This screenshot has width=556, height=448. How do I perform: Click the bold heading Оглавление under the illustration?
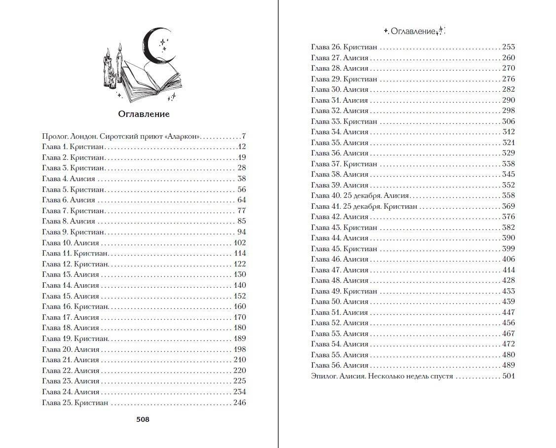(144, 114)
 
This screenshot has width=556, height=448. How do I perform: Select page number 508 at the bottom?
(143, 419)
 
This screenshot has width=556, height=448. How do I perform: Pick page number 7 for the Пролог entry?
(244, 136)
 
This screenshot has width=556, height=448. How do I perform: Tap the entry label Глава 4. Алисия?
(69, 179)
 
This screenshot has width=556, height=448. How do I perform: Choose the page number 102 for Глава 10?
(239, 243)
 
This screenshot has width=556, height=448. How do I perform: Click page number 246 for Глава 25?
(239, 403)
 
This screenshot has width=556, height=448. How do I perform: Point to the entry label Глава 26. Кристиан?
(344, 47)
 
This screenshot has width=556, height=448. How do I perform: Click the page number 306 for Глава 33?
(508, 121)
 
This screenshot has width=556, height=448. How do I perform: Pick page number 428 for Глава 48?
(508, 281)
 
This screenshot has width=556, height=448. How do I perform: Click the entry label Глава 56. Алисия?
(340, 366)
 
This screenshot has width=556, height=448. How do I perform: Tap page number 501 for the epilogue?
(508, 376)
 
